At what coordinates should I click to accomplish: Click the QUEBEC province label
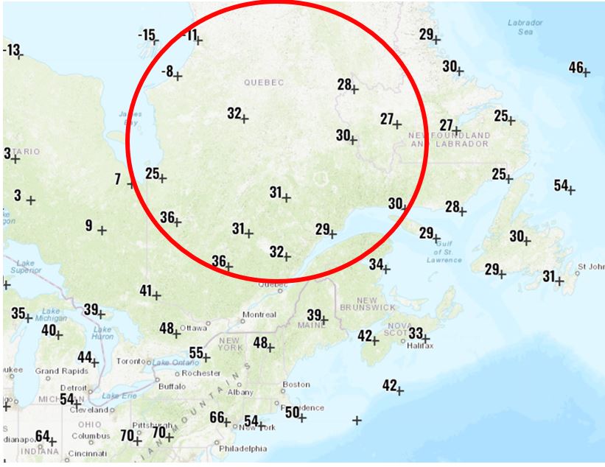tap(262, 82)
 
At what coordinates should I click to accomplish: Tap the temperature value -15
tap(147, 35)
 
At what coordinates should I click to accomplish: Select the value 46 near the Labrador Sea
tap(576, 68)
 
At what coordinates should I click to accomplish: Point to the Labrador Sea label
tap(525, 27)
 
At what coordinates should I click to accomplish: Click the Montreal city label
tap(259, 315)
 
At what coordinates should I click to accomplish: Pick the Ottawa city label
tap(193, 327)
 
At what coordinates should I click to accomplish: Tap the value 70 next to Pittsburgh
tap(127, 435)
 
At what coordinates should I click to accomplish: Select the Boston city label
tap(296, 385)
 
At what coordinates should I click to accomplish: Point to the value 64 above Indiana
tap(43, 436)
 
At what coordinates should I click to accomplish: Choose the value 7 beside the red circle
tap(118, 179)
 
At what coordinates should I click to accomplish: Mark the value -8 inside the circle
tap(167, 71)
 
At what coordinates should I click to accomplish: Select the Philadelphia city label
tap(242, 448)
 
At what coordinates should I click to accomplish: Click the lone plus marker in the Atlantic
tap(357, 421)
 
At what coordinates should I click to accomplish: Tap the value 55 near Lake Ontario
tap(196, 353)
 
